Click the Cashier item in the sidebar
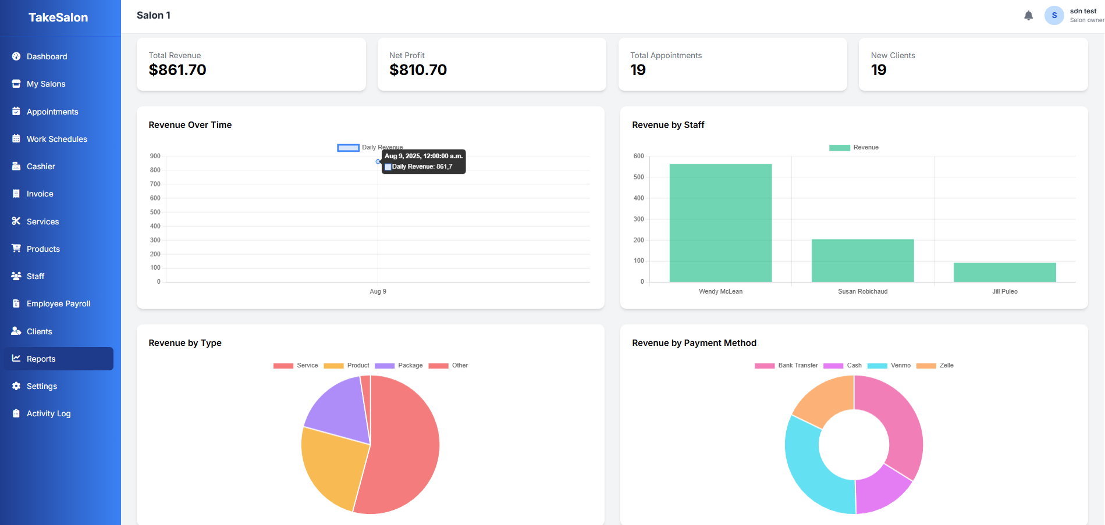tap(41, 166)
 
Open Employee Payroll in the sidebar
tap(58, 303)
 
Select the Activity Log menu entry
tap(48, 413)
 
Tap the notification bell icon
tap(1028, 16)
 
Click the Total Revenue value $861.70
tap(177, 70)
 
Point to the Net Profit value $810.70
tap(418, 70)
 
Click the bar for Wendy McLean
tap(720, 224)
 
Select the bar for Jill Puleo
tap(1004, 273)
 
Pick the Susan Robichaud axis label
tap(862, 291)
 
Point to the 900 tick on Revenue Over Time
tap(155, 156)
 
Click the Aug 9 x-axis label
tap(378, 291)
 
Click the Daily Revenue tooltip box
tap(424, 162)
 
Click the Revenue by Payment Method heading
tap(694, 343)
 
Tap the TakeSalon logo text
tap(58, 17)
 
